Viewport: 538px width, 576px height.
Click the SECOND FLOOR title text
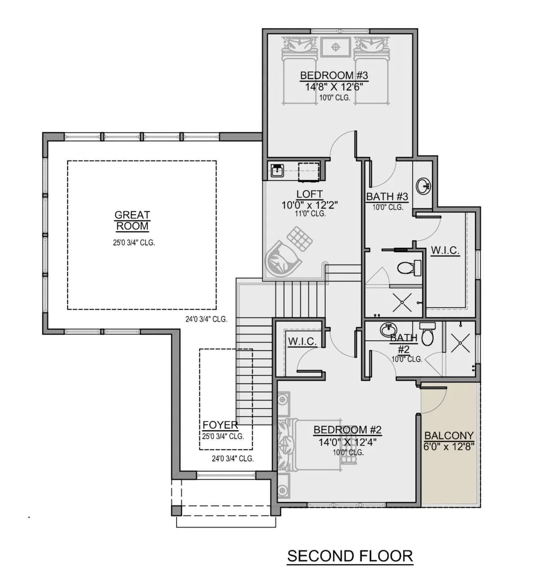350,556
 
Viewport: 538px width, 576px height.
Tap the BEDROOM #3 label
334,75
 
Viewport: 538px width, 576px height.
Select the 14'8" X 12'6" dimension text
334,87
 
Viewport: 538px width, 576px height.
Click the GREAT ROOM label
132,221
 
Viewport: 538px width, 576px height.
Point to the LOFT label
310,194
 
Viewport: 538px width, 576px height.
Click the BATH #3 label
387,197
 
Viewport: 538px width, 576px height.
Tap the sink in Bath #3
423,185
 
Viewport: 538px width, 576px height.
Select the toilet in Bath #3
409,268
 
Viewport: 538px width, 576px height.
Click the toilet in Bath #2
427,334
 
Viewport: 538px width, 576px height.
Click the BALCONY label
449,435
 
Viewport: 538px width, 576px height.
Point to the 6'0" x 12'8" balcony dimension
449,446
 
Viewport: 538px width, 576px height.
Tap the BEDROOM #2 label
347,429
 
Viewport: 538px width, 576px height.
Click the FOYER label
220,425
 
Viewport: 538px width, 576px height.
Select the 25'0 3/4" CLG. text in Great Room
134,243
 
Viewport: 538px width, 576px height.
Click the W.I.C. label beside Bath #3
445,250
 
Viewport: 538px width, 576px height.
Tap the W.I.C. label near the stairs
302,342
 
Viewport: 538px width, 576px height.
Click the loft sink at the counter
277,170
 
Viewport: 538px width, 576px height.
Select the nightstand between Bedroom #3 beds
335,47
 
